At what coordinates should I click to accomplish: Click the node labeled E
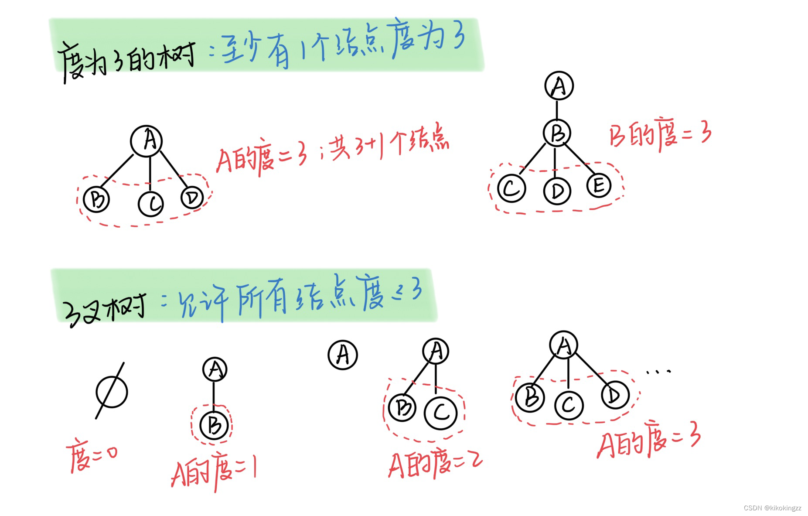(599, 185)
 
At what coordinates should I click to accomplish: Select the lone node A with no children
(343, 355)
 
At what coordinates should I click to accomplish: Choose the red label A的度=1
(214, 472)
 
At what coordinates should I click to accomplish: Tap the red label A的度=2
(435, 464)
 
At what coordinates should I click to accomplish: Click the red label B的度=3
(660, 136)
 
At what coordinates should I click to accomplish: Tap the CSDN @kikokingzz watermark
(772, 508)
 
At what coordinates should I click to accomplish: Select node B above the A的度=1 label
(214, 425)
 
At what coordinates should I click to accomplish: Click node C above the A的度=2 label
(441, 413)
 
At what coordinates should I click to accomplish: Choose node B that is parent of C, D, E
(557, 133)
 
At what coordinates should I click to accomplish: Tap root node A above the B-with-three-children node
(559, 86)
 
